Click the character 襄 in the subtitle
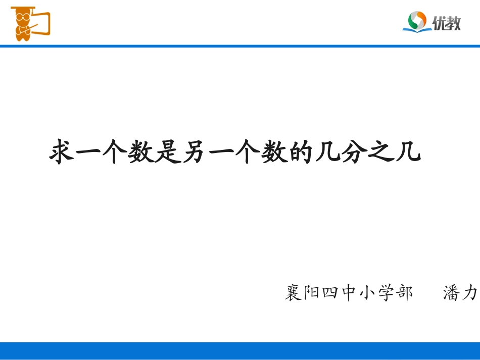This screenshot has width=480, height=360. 293,293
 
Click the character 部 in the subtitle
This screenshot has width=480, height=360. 403,293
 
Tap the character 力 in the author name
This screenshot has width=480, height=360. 470,293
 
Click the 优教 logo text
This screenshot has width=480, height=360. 447,23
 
